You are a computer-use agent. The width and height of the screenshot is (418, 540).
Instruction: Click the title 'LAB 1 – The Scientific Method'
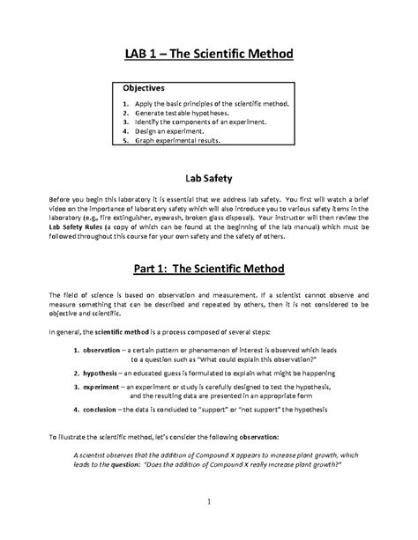coord(208,55)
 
